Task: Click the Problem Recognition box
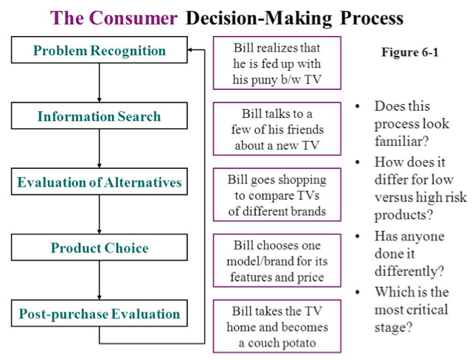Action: (x=100, y=51)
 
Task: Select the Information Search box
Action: (x=100, y=117)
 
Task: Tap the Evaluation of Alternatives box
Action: (x=100, y=182)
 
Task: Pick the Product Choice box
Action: (x=100, y=248)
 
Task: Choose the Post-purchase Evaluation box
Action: (x=100, y=314)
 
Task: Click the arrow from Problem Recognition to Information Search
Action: (x=100, y=83)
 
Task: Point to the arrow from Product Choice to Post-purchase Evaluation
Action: (x=100, y=280)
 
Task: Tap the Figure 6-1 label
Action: (x=409, y=53)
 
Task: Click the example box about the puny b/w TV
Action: (x=277, y=63)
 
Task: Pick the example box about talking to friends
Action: (x=277, y=129)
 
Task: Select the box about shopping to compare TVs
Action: (x=277, y=195)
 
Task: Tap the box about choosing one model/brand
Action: (x=277, y=260)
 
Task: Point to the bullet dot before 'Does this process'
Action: (x=357, y=107)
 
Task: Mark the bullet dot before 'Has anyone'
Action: (x=357, y=235)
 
